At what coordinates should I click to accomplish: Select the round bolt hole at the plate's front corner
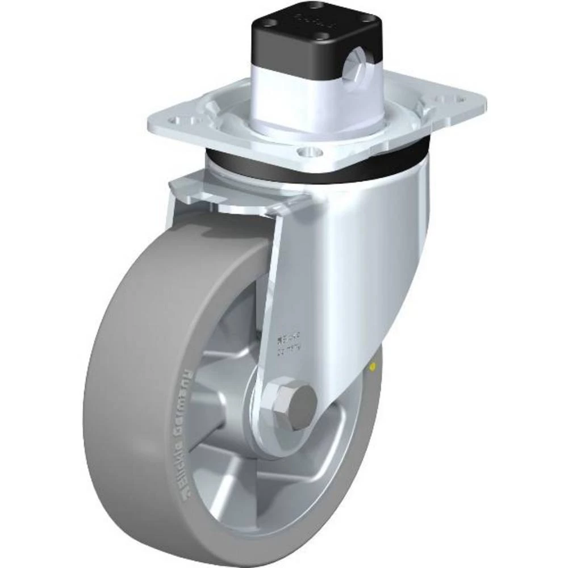pos(308,151)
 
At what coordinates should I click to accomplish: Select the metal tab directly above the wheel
pos(239,190)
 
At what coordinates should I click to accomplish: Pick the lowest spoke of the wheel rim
pos(267,471)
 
